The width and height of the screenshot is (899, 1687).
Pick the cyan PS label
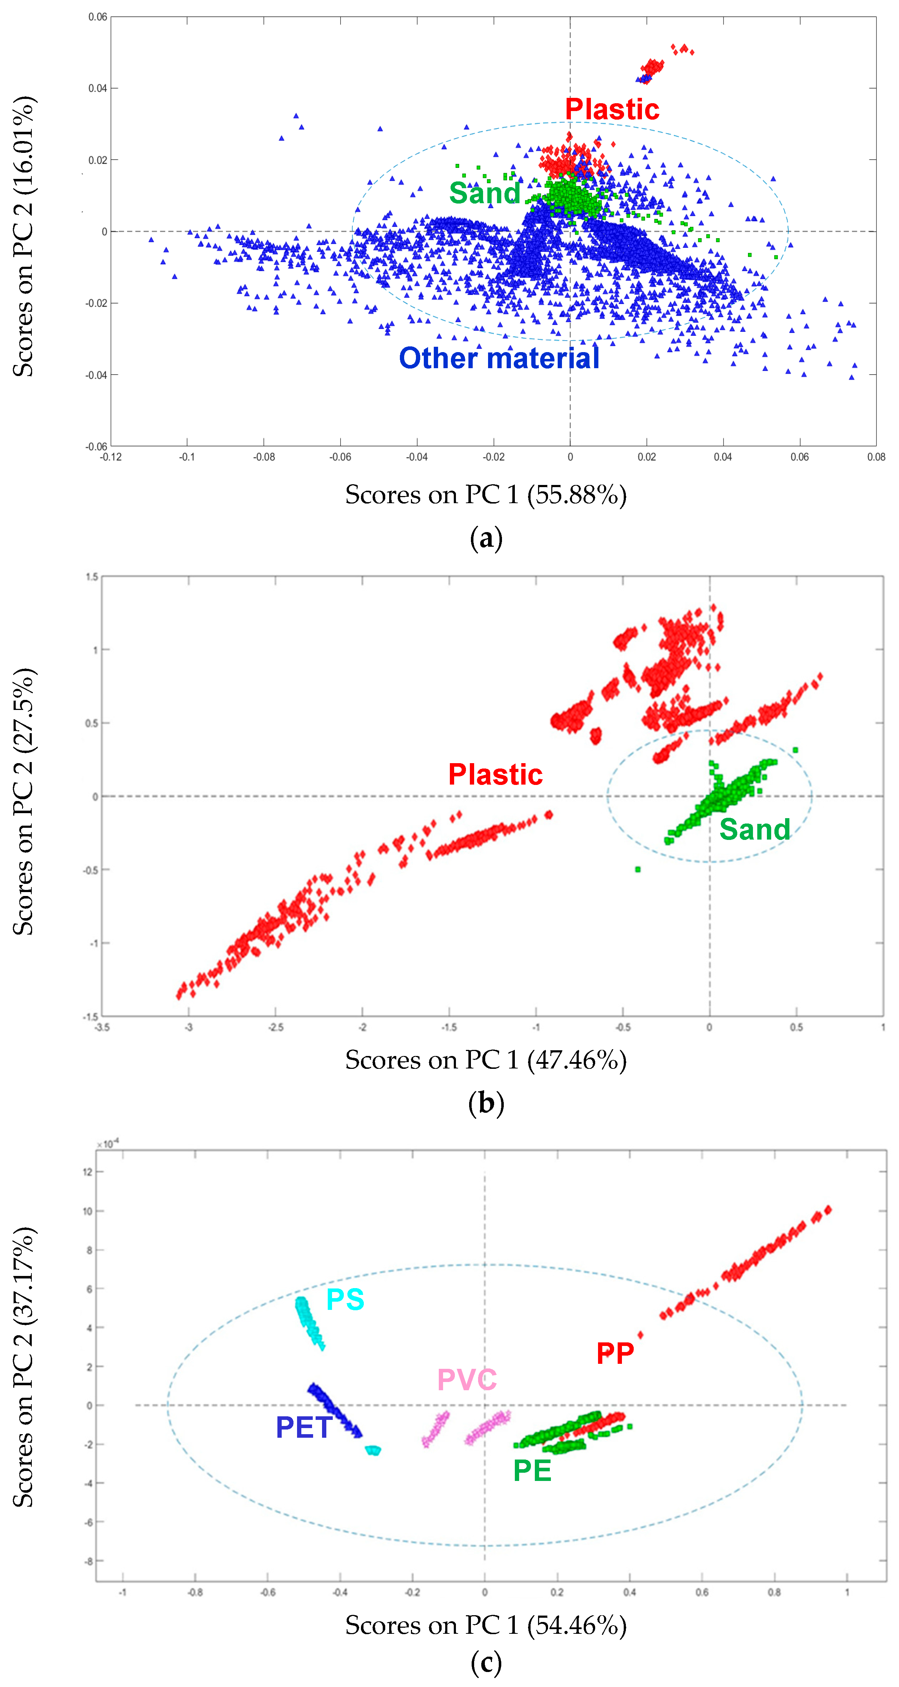pos(345,1299)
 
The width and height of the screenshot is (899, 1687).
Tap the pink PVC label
pos(467,1380)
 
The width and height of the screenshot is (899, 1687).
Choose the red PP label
pos(615,1353)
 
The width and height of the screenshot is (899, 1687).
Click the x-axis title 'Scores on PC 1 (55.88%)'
pos(486,495)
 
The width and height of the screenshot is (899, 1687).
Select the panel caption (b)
pos(486,1103)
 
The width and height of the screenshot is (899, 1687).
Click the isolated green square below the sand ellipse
pos(638,869)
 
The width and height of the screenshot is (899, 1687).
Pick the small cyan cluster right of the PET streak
pos(373,1450)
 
